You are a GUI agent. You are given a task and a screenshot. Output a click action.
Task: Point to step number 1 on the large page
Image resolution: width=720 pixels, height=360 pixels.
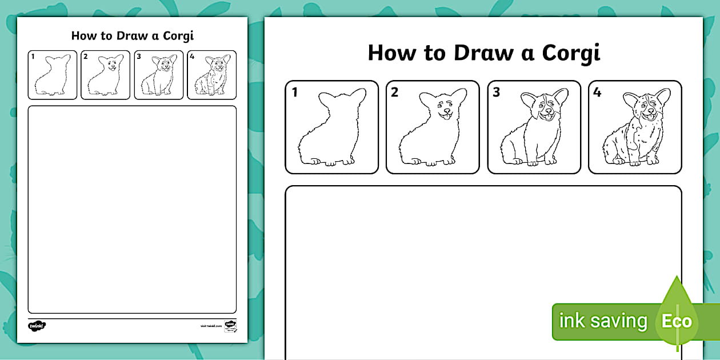295,93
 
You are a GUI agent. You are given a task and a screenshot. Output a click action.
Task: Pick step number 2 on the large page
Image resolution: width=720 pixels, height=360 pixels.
395,93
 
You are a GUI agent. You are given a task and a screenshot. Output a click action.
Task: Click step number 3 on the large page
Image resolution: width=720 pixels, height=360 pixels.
496,93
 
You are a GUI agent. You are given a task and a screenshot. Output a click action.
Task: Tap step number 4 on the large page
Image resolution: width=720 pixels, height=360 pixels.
597,93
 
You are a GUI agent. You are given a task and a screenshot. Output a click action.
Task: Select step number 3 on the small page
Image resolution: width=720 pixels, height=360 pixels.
139,56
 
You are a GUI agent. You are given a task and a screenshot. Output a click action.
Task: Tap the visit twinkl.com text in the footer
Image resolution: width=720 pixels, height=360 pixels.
210,326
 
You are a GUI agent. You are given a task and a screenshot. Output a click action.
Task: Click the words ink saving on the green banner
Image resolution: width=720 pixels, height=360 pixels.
603,321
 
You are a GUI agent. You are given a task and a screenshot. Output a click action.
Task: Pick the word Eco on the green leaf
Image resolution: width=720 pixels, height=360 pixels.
677,321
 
